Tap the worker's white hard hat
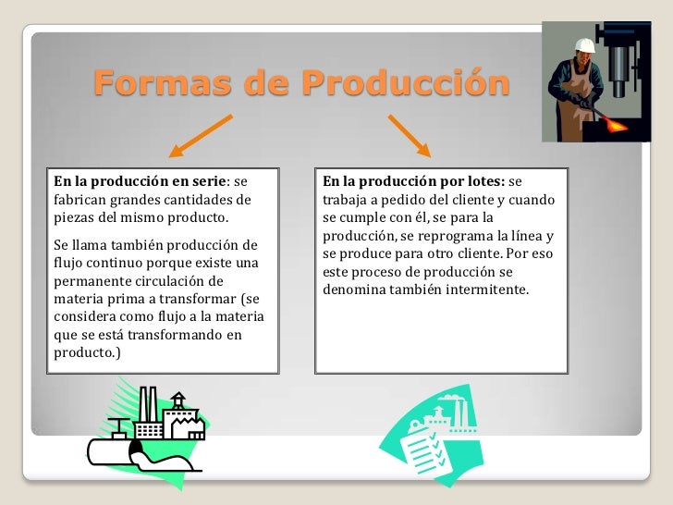(583, 44)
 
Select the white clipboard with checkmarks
(422, 443)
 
